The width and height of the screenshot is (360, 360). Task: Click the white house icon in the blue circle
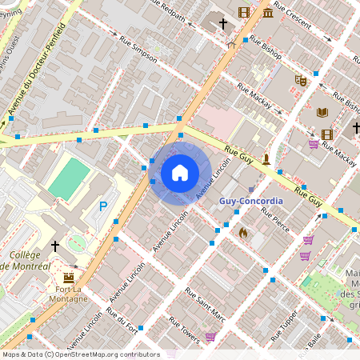click(180, 173)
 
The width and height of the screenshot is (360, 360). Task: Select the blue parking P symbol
click(103, 206)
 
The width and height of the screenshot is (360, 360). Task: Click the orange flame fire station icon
click(243, 232)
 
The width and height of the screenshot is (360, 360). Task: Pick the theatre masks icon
click(301, 80)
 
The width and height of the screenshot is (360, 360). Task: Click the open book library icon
click(322, 113)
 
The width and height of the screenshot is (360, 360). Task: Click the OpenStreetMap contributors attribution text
click(80, 354)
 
